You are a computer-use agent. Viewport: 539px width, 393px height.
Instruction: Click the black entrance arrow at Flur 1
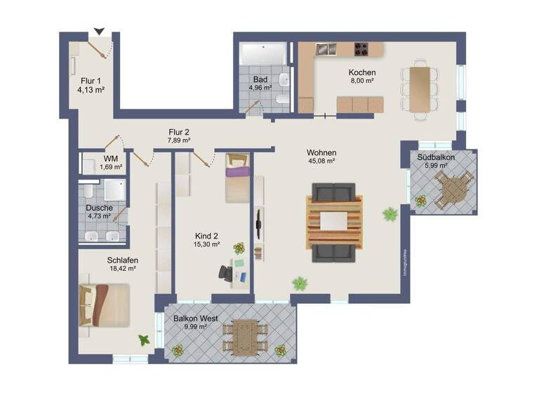coord(99,31)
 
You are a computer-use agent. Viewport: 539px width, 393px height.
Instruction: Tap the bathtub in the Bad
coord(263,53)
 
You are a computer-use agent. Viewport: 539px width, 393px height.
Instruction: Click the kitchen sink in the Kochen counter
coord(326,49)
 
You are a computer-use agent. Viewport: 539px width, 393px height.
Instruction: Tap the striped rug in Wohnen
coord(335,222)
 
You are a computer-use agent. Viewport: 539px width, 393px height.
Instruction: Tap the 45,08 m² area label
coord(321,161)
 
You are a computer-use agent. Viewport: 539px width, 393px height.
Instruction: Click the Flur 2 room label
coord(178,131)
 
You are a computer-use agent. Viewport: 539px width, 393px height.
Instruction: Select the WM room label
coord(111,158)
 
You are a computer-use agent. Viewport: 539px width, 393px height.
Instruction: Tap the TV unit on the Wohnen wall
coord(258,226)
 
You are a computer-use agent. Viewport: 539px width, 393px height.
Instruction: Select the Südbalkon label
coord(436,157)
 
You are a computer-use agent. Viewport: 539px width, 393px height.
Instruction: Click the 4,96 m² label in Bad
coord(260,88)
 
